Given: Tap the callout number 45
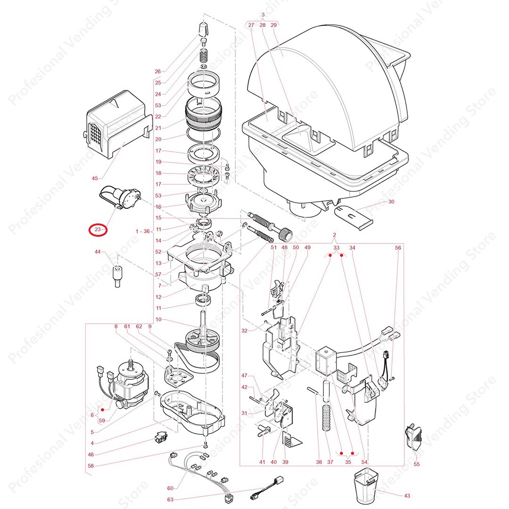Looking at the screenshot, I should point(95,178).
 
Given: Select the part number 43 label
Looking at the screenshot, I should point(407,495).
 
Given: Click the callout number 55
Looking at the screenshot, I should point(416,464).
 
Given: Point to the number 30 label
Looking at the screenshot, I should point(391,202).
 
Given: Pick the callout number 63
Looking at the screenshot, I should point(171,500).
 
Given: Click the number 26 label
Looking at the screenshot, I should point(157,72).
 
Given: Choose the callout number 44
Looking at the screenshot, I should point(98,253).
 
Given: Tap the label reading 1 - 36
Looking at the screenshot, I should point(142,231).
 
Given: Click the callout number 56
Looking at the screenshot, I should point(398,247).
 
